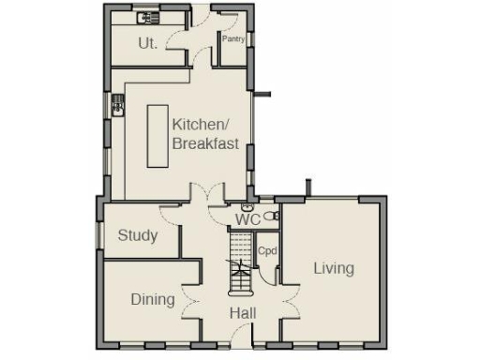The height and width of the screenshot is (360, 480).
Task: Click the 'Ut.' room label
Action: pos(147,42)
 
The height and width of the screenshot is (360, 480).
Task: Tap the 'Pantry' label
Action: pos(232,38)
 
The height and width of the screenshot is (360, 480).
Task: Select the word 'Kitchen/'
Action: pos(200,125)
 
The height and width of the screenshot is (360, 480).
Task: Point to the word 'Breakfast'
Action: pos(204,144)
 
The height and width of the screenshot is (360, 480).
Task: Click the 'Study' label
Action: pos(137,235)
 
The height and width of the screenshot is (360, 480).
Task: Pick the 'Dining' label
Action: pos(152,299)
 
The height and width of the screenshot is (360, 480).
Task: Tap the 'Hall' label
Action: pos(244,313)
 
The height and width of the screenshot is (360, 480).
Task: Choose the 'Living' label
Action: pos(334,268)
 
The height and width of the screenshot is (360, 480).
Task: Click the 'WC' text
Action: pos(247,219)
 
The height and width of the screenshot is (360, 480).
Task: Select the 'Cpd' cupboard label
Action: pos(267,251)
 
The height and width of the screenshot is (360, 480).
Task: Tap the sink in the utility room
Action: pos(149,18)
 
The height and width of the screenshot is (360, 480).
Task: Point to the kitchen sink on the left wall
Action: pos(118,104)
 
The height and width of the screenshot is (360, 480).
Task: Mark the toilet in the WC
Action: pos(273,216)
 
